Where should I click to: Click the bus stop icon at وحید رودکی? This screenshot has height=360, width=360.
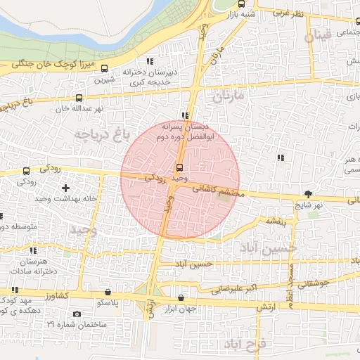pyautogui.click(x=180, y=167)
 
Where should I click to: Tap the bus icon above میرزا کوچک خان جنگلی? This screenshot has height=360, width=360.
pyautogui.click(x=105, y=68)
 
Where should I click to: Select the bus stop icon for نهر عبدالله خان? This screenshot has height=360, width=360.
pyautogui.click(x=78, y=98)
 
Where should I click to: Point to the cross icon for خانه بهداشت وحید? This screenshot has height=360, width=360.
pyautogui.click(x=66, y=188)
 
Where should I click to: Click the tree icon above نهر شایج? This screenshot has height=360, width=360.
pyautogui.click(x=308, y=193)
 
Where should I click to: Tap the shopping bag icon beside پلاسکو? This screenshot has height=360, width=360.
pyautogui.click(x=107, y=292)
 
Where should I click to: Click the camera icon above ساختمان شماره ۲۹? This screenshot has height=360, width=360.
pyautogui.click(x=77, y=314)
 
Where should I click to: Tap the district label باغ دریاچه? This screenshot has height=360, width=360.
pyautogui.click(x=103, y=133)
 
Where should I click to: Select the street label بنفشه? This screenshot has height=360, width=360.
pyautogui.click(x=275, y=221)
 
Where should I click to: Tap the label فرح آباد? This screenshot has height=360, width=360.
pyautogui.click(x=243, y=345)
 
